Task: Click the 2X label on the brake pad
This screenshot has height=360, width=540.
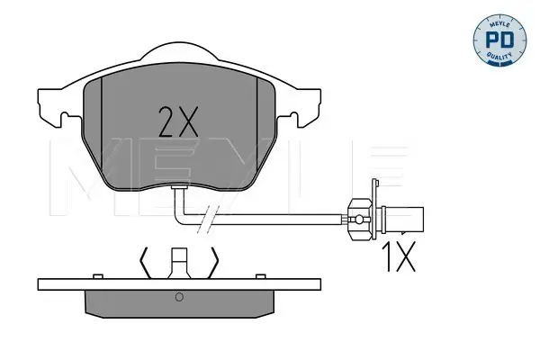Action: click(178, 121)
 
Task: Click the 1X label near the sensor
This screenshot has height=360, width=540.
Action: click(399, 256)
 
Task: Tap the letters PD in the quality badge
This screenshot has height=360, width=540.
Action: click(499, 40)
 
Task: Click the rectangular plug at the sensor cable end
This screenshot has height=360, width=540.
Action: click(403, 219)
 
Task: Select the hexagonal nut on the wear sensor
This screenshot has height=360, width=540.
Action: click(359, 219)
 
